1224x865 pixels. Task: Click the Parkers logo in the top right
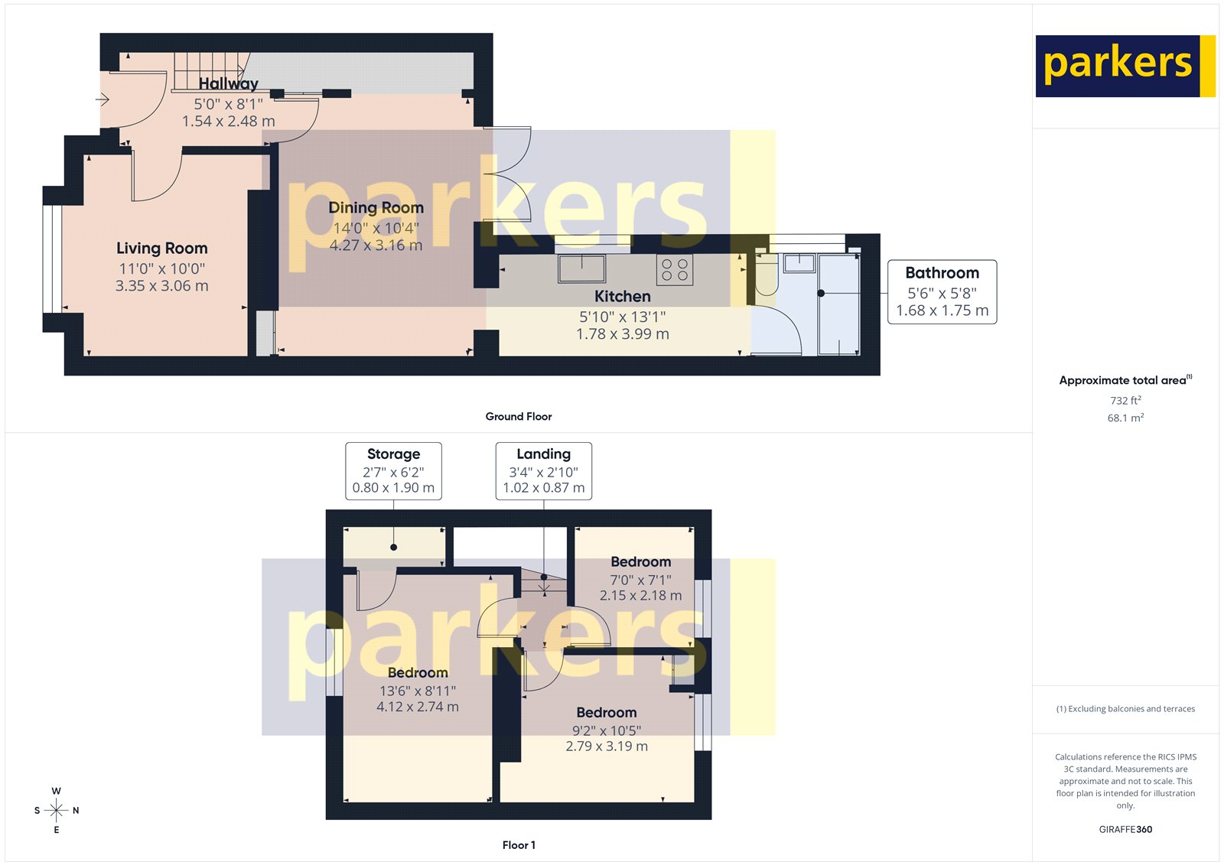(1125, 66)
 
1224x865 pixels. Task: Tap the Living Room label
(162, 249)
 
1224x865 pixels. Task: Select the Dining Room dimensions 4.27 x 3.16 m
(376, 246)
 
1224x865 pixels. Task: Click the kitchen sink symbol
(581, 269)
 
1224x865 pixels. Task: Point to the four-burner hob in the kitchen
(675, 269)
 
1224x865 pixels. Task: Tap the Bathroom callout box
(942, 291)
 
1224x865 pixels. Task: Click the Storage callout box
(393, 470)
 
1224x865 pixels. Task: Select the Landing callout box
(543, 470)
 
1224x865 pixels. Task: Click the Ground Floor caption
(518, 416)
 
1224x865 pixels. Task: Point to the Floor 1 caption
(519, 845)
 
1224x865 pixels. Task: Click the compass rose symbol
(57, 810)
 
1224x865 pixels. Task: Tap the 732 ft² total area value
(1125, 400)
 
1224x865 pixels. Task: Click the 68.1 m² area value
(1125, 418)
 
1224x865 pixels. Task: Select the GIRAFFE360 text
(1125, 829)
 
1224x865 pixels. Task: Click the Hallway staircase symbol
(211, 71)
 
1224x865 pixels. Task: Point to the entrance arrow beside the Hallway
(103, 99)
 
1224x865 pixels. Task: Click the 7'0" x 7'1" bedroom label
(640, 580)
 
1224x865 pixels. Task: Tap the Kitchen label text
(623, 297)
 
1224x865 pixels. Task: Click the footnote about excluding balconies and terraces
(1125, 709)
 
